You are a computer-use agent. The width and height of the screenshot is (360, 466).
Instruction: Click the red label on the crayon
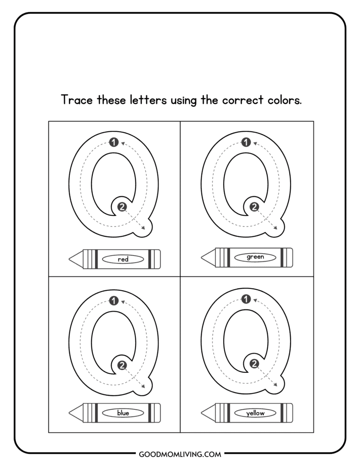tap(123, 259)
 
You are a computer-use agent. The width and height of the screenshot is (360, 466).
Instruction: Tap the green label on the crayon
tap(255, 257)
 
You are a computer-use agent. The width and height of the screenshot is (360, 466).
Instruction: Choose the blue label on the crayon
tap(123, 413)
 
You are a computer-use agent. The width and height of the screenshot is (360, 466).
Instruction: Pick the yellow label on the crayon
tap(255, 413)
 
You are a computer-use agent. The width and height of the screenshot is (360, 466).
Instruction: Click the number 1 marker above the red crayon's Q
tap(113, 143)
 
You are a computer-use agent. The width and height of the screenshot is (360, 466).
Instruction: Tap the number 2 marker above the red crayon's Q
tap(122, 207)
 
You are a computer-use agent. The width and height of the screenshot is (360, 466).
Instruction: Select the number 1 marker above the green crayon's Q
tap(245, 143)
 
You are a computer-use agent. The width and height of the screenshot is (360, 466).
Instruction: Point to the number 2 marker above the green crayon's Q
tap(254, 207)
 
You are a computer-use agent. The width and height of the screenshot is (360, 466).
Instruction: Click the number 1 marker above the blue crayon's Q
tap(113, 301)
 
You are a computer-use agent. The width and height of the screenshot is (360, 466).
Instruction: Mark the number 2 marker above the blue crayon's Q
tap(122, 364)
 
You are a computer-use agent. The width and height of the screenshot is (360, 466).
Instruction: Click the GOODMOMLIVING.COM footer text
tap(180, 454)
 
